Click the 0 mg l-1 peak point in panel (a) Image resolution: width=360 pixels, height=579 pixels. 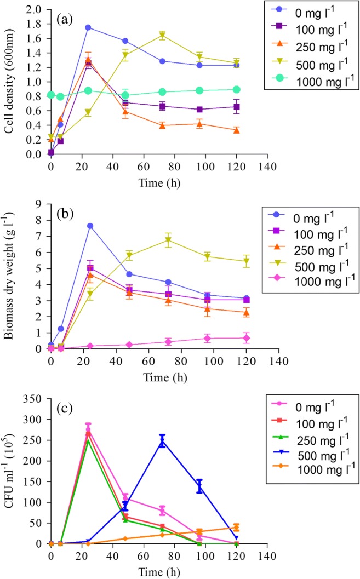click(x=88, y=27)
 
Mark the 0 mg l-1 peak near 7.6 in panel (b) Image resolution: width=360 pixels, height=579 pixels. click(x=88, y=226)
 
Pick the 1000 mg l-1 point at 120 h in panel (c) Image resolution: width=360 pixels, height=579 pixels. click(x=236, y=528)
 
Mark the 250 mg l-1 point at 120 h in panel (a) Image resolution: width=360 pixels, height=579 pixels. click(x=236, y=130)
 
